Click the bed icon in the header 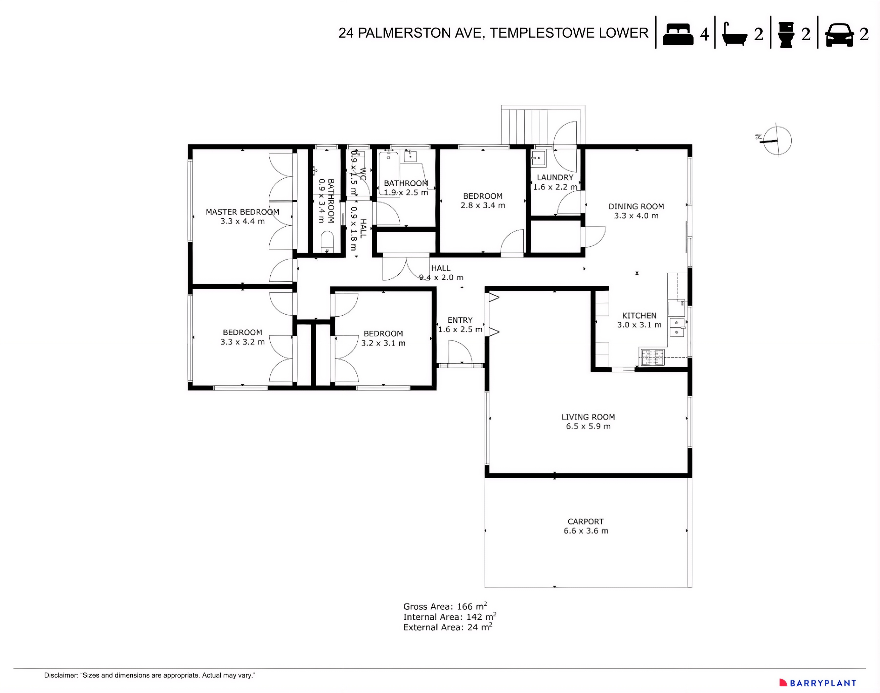pos(678,34)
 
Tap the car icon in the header pos(839,35)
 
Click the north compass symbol pos(777,141)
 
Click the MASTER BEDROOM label pos(242,212)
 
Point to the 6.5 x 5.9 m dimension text pos(588,426)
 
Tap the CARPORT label pos(585,521)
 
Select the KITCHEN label pos(639,316)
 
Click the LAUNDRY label pos(555,177)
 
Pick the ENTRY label pos(460,320)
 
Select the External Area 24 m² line pos(447,628)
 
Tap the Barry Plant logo pos(818,683)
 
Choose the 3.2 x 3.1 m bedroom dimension pos(383,343)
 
